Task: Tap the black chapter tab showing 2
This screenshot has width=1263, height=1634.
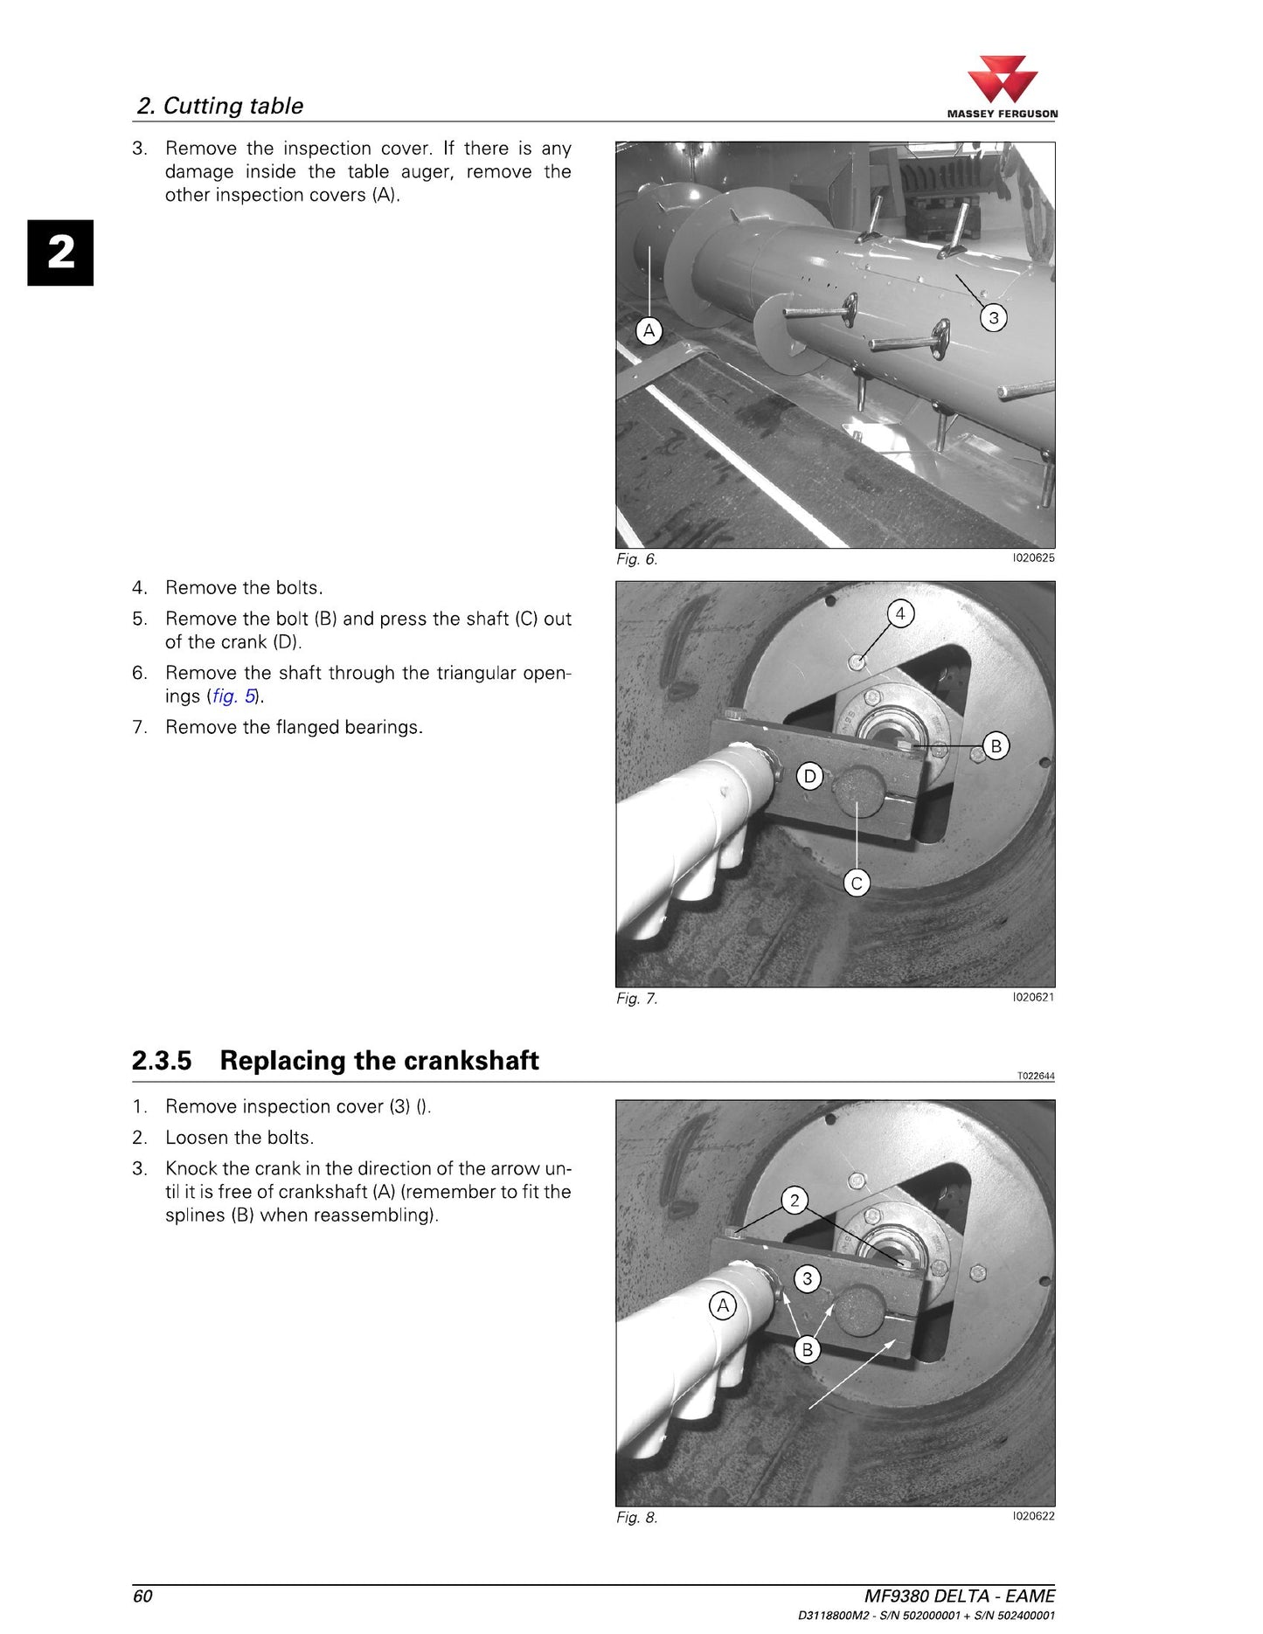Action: point(60,253)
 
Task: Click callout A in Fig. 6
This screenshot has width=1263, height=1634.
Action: point(649,330)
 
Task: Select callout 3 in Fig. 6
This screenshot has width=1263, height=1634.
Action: point(993,317)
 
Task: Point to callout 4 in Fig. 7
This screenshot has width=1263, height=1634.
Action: point(900,613)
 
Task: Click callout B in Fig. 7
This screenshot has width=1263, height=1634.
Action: point(996,745)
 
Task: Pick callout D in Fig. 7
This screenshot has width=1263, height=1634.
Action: point(810,776)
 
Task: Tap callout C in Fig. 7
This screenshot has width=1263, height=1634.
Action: point(857,883)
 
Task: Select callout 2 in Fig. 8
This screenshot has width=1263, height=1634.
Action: point(795,1200)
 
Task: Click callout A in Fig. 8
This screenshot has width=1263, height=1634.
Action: point(723,1305)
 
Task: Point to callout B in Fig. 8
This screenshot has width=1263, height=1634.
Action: point(808,1349)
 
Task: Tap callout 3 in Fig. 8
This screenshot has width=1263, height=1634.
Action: point(808,1278)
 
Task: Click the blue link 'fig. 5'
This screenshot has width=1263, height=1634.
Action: point(234,696)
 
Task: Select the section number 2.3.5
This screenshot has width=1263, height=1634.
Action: point(162,1060)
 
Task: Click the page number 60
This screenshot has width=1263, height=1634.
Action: point(142,1596)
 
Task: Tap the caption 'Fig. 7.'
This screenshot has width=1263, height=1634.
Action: point(636,998)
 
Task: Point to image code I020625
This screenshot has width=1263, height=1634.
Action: point(1033,557)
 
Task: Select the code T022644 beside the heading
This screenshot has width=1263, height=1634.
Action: point(1036,1076)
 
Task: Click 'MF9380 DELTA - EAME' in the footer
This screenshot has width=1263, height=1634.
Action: point(960,1596)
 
